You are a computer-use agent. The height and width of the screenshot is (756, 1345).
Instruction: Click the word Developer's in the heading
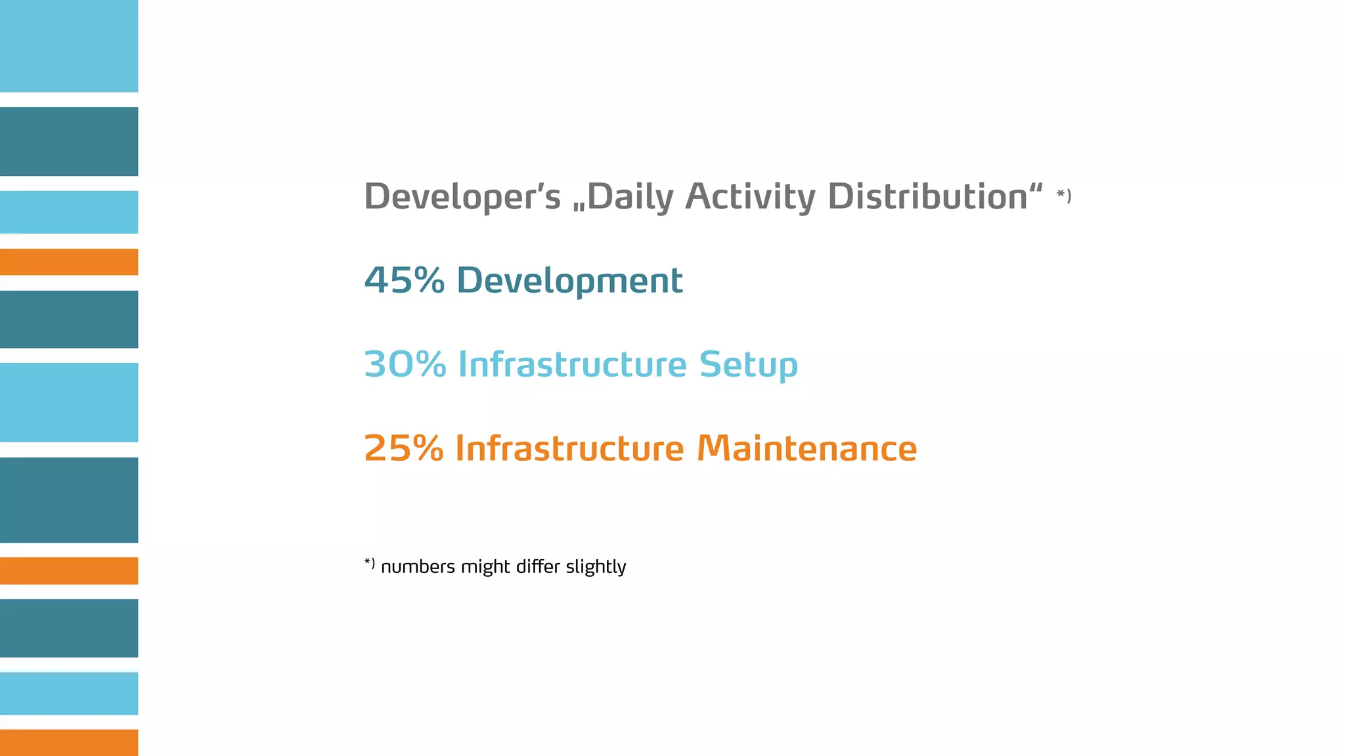[462, 196]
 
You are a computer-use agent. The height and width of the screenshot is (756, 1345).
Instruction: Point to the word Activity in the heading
[750, 196]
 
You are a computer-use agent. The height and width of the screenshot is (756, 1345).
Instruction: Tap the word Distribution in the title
[927, 196]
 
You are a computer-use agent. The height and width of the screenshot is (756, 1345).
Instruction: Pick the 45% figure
[404, 280]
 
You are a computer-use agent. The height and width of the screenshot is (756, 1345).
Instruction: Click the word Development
[569, 281]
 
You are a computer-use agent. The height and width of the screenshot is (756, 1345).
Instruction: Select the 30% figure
[405, 364]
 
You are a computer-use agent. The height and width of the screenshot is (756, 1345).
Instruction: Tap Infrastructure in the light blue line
[572, 364]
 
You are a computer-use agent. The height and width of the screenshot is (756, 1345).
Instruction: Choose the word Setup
[748, 365]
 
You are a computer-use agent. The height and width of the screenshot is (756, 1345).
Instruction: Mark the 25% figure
[403, 448]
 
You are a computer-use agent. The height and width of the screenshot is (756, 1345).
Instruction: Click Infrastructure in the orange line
[569, 448]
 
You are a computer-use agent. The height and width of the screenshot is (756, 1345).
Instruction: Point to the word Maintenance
[806, 448]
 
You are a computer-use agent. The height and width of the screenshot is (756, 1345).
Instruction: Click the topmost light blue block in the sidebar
[69, 46]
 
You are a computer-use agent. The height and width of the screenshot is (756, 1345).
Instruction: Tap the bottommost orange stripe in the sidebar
[69, 742]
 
